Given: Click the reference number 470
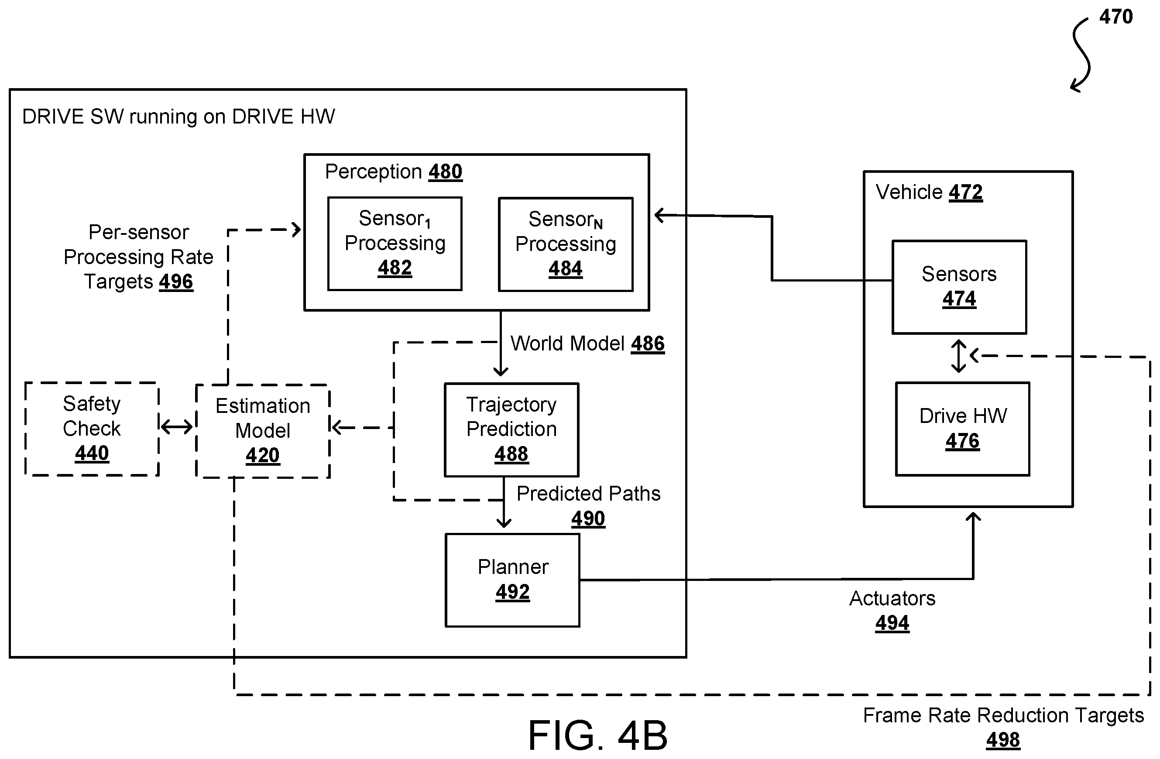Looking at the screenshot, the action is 1115,17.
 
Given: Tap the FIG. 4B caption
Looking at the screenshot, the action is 597,735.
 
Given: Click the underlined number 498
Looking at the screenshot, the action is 1003,740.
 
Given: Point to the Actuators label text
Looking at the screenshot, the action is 892,598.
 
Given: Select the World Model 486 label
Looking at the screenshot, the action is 587,343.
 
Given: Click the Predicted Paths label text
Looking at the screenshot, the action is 589,494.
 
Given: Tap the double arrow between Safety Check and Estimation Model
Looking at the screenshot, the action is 177,428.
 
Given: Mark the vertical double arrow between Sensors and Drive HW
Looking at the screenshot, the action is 959,356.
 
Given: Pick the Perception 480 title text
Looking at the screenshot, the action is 394,172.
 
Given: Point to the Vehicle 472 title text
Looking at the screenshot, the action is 929,192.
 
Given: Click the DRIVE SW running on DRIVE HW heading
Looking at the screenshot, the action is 179,117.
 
